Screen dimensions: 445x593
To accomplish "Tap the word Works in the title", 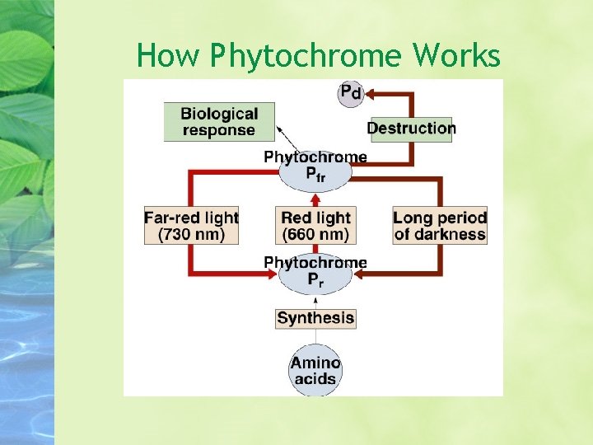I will pos(456,55).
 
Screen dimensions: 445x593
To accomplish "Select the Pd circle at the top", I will pos(351,92).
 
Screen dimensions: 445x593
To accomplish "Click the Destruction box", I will pos(411,129).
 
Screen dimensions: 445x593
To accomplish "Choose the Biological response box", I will pos(219,122).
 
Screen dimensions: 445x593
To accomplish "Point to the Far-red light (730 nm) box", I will pos(191,226).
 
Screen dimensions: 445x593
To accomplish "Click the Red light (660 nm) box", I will pos(315,226).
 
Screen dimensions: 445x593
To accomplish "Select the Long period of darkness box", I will pos(440,226).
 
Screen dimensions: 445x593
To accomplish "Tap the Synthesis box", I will pos(315,318).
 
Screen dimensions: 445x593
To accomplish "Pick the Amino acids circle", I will pos(315,371).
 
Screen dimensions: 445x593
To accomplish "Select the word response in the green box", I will pos(219,130).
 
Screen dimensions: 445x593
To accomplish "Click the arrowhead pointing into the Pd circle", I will pos(369,94).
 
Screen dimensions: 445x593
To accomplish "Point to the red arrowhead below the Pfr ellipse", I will pos(315,198).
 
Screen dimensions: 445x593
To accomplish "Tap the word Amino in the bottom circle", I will pos(315,363).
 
